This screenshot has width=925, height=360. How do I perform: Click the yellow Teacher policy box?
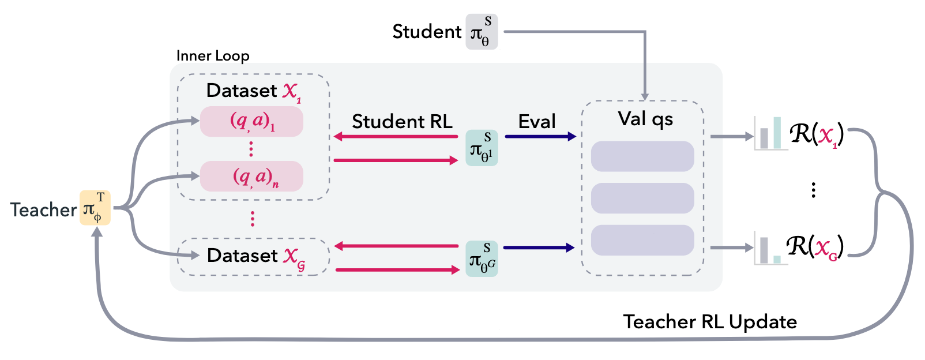[95, 208]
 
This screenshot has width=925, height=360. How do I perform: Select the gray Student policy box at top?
[482, 32]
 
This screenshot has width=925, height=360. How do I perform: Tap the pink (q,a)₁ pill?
[251, 122]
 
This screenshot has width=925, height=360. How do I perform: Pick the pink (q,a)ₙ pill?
[251, 176]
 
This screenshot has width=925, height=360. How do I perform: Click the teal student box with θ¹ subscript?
[482, 148]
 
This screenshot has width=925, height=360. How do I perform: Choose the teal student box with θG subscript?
[482, 258]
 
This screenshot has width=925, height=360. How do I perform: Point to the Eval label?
[537, 121]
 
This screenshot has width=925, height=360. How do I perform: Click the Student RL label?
[402, 121]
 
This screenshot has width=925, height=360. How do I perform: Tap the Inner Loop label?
[213, 56]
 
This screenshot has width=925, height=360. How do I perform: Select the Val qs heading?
[645, 119]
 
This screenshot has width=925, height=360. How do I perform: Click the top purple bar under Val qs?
[642, 156]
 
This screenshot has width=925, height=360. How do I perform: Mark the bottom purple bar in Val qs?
[642, 240]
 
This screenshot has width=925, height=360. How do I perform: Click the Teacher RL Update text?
[710, 321]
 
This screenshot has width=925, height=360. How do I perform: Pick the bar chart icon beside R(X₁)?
[770, 134]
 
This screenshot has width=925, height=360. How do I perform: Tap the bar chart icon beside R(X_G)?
[770, 249]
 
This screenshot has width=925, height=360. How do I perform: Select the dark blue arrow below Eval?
[540, 137]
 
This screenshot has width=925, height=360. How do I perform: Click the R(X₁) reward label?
[817, 134]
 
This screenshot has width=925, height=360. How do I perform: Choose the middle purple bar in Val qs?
[642, 198]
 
